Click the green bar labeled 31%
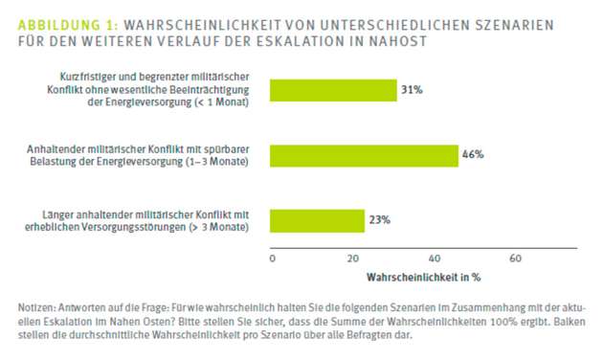click(x=333, y=90)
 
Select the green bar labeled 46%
click(x=365, y=155)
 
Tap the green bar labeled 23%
click(x=318, y=220)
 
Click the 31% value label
click(x=412, y=90)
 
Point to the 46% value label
click(x=473, y=155)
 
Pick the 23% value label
click(x=380, y=220)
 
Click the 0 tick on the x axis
click(x=272, y=259)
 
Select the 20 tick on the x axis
click(x=352, y=259)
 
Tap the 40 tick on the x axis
click(x=434, y=259)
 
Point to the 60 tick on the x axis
click(x=515, y=259)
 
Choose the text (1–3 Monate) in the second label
click(x=219, y=162)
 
